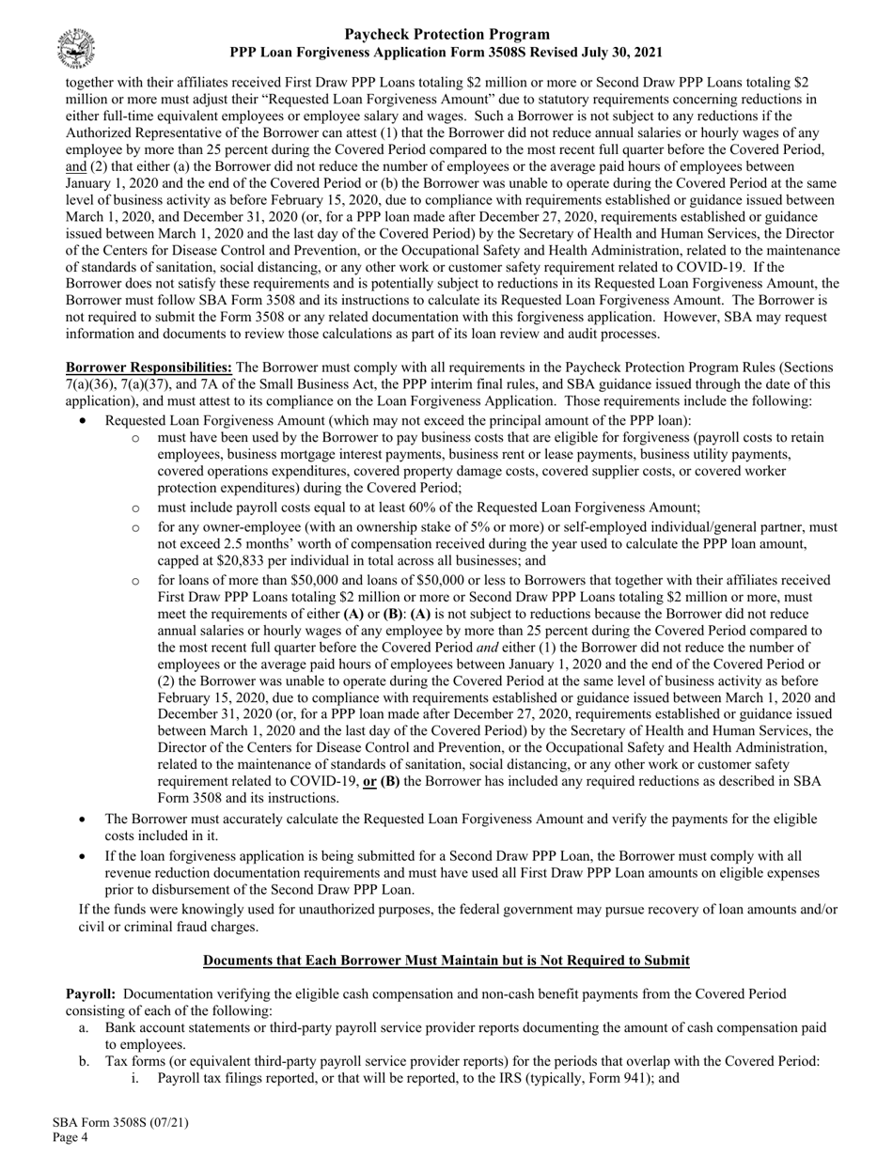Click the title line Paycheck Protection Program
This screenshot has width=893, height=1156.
click(446, 35)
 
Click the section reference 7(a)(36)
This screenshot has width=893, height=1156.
click(95, 384)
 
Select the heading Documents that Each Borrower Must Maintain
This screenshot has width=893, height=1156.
click(446, 961)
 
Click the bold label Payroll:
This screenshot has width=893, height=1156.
click(90, 993)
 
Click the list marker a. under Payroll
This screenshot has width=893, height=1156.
click(85, 1028)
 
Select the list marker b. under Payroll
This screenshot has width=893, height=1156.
click(85, 1062)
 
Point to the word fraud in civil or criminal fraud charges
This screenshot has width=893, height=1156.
click(220, 927)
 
